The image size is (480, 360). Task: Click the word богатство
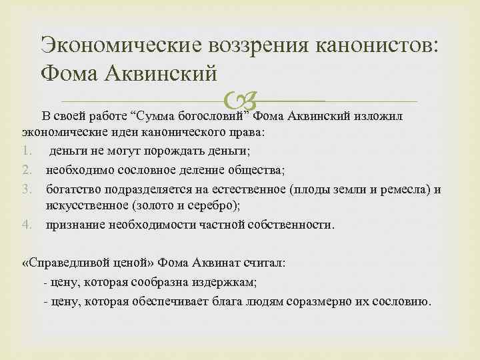click(71, 189)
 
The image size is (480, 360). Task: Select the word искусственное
click(87, 207)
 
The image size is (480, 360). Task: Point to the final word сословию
click(401, 300)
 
